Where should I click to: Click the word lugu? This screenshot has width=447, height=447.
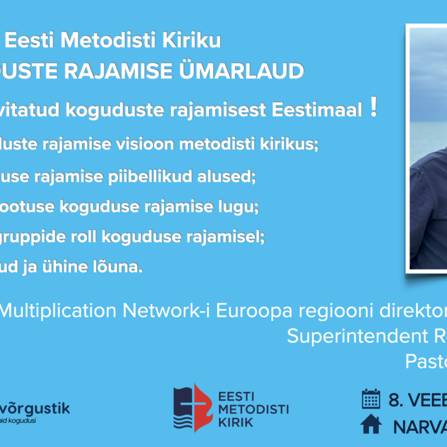237,207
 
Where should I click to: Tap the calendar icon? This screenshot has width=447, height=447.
371,400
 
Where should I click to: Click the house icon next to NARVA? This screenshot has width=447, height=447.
371,425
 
